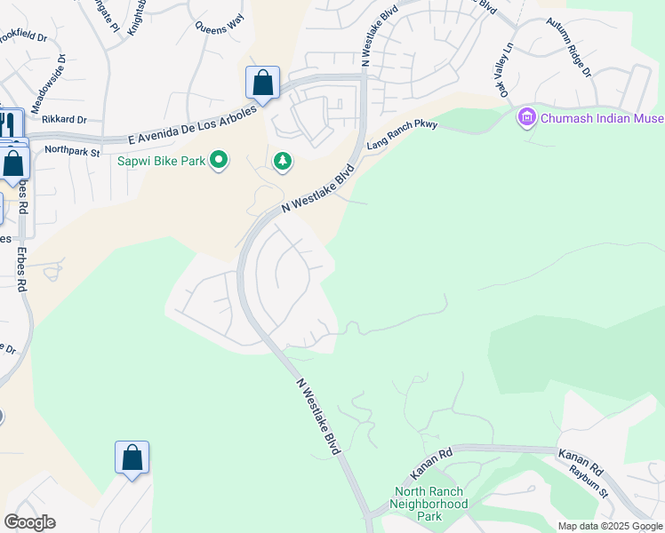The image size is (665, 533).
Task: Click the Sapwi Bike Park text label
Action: coord(161,161)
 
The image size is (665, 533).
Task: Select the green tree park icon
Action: coord(283,161)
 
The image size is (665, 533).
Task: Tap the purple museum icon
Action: coord(526,116)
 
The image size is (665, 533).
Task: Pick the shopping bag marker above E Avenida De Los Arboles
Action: coord(262,84)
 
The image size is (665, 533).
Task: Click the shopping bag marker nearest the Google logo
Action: coord(132,458)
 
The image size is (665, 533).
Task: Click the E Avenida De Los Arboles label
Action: coord(191,125)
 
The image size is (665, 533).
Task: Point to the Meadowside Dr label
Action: coord(50,84)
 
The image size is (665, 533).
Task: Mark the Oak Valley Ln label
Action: coord(504,68)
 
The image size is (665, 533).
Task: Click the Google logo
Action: coord(30,522)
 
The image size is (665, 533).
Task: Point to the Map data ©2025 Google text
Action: coord(609,526)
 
